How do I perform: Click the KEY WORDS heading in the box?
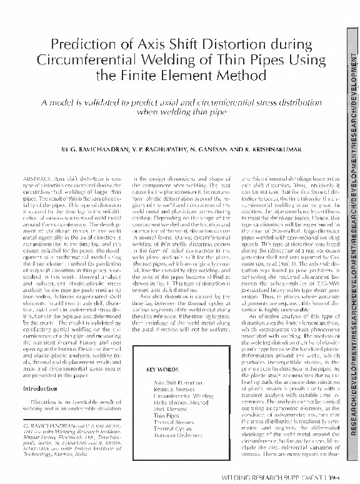pos(162,370)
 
